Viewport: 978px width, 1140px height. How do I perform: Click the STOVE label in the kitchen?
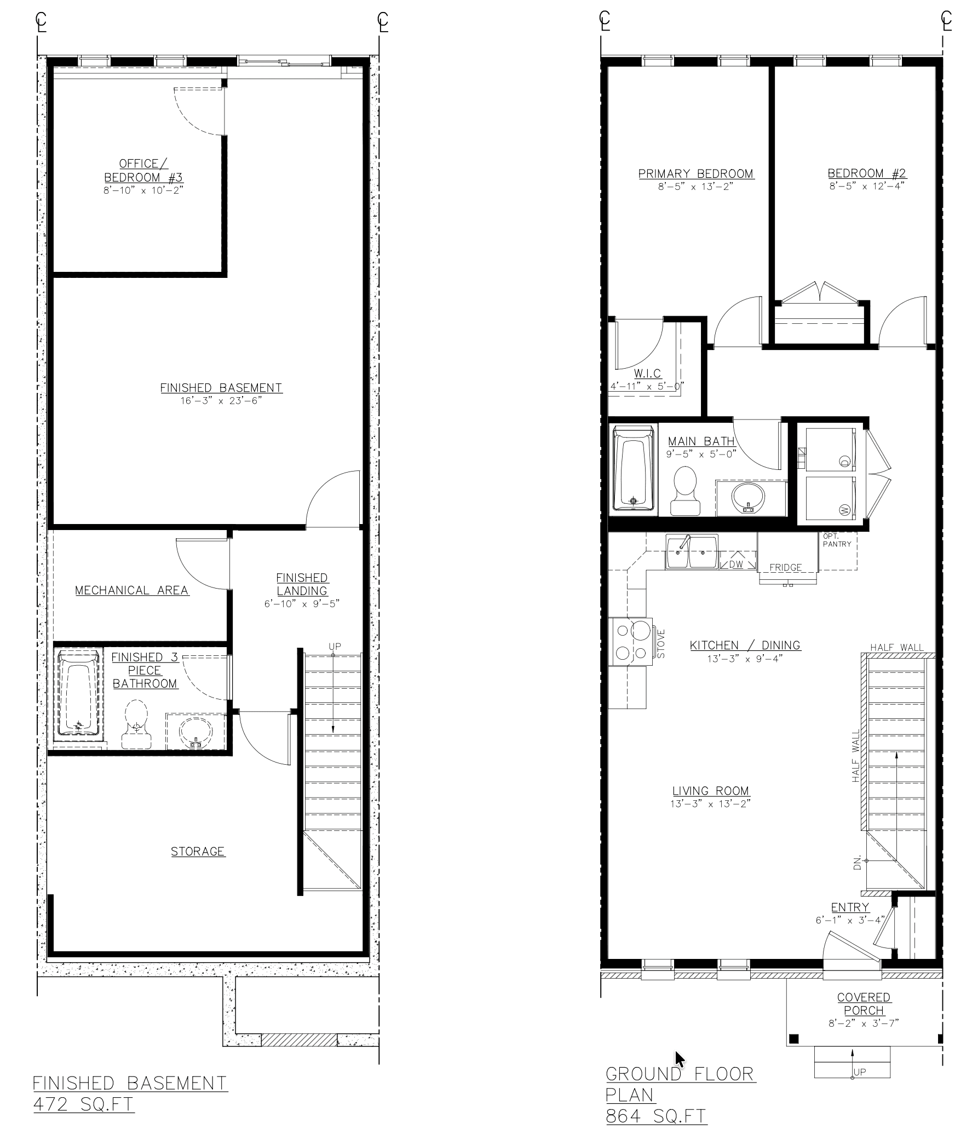pos(661,644)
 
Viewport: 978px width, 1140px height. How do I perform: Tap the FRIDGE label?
pos(785,567)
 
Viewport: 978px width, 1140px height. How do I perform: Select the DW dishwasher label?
pos(737,564)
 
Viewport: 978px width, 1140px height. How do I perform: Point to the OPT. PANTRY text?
pos(837,540)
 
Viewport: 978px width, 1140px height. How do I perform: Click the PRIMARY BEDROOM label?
pos(695,173)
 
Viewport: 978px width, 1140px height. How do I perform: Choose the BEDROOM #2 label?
pos(867,173)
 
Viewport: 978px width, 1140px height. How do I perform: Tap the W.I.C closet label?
pos(647,374)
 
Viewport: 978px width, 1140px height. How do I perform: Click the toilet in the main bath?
pos(685,491)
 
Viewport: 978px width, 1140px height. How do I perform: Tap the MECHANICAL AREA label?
pos(132,590)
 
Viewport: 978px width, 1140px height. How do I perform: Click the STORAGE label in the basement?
pos(198,852)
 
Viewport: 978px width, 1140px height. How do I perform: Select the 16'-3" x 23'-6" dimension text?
pos(221,400)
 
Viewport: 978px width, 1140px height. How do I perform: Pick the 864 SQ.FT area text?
pos(657,1116)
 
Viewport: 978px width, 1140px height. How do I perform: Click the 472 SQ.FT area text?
pos(83,1104)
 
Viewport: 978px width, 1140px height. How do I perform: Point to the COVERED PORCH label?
pos(864,1004)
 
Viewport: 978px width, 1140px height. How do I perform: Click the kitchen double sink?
pos(692,552)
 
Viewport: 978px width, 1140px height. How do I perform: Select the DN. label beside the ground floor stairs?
pos(857,863)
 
